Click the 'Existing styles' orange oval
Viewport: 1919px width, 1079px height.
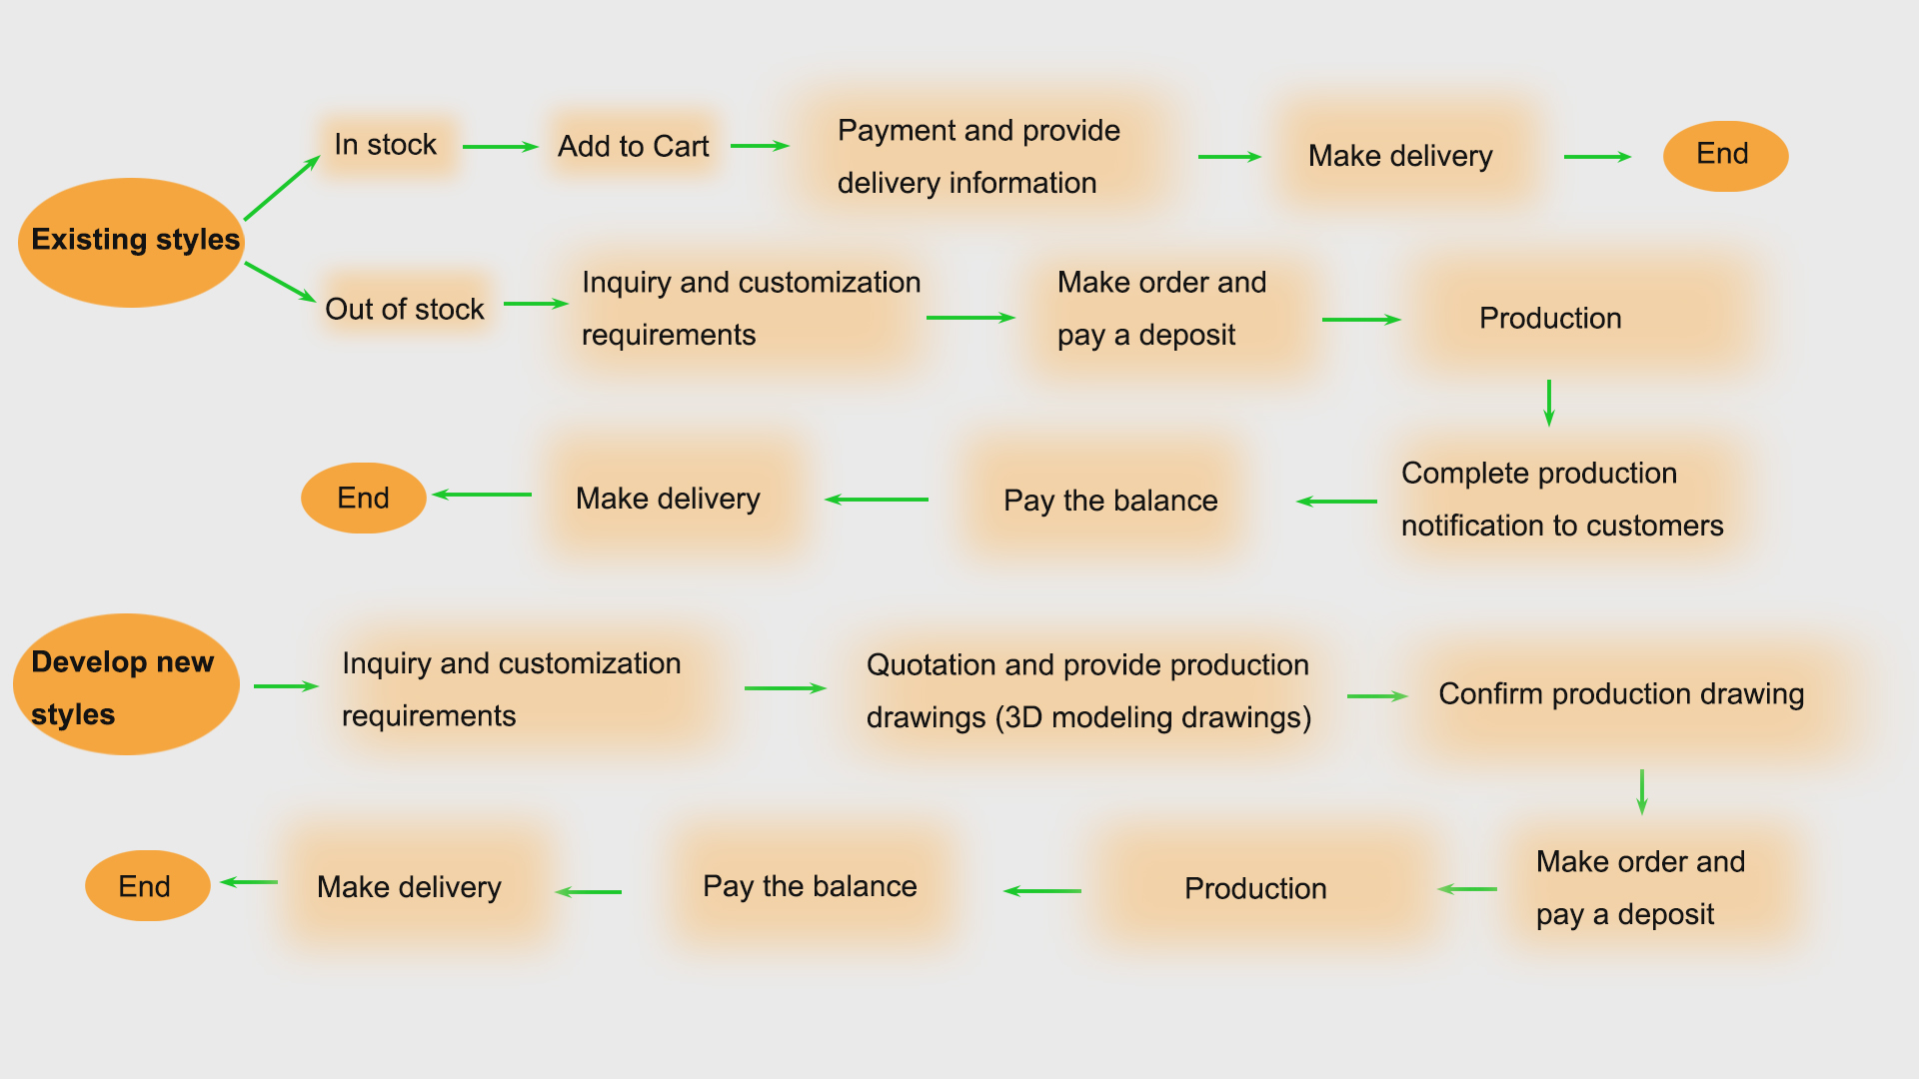click(x=131, y=242)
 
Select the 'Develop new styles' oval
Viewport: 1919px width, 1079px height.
click(x=126, y=685)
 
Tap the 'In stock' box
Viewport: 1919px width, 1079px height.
click(x=386, y=146)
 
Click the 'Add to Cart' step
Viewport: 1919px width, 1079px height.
click(x=634, y=147)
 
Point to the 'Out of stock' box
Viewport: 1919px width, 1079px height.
click(x=405, y=309)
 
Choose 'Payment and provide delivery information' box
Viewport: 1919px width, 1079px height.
click(x=979, y=156)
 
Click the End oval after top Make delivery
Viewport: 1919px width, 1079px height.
click(x=1725, y=156)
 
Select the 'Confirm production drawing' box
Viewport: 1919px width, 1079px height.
click(x=1621, y=694)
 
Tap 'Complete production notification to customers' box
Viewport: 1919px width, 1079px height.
click(x=1561, y=500)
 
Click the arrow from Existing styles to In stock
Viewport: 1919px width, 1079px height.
click(x=282, y=188)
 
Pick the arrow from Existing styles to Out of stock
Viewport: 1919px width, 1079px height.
click(x=280, y=281)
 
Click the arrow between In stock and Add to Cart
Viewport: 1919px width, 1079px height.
click(x=500, y=147)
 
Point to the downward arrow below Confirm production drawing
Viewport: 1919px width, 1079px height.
click(x=1641, y=791)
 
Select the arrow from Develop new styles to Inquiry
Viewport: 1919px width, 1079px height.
click(x=286, y=686)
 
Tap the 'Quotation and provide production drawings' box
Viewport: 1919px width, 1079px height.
click(x=1087, y=691)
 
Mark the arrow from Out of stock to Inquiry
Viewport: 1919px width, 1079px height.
click(x=536, y=304)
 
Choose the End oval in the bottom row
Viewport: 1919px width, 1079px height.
click(x=147, y=886)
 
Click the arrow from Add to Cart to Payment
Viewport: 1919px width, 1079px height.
click(x=760, y=146)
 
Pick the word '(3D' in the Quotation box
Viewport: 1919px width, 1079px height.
click(x=1018, y=717)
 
